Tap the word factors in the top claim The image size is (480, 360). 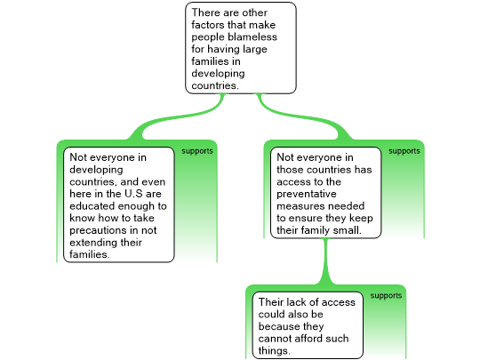(208, 25)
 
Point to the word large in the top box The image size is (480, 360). (255, 49)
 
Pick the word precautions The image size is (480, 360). (97, 230)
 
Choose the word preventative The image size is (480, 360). (307, 194)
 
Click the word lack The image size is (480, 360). (291, 302)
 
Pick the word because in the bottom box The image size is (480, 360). (278, 326)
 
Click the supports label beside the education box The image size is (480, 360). (197, 151)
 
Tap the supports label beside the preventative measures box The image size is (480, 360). (404, 151)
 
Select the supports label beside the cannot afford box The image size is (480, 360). (386, 296)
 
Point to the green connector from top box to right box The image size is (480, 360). (303, 118)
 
